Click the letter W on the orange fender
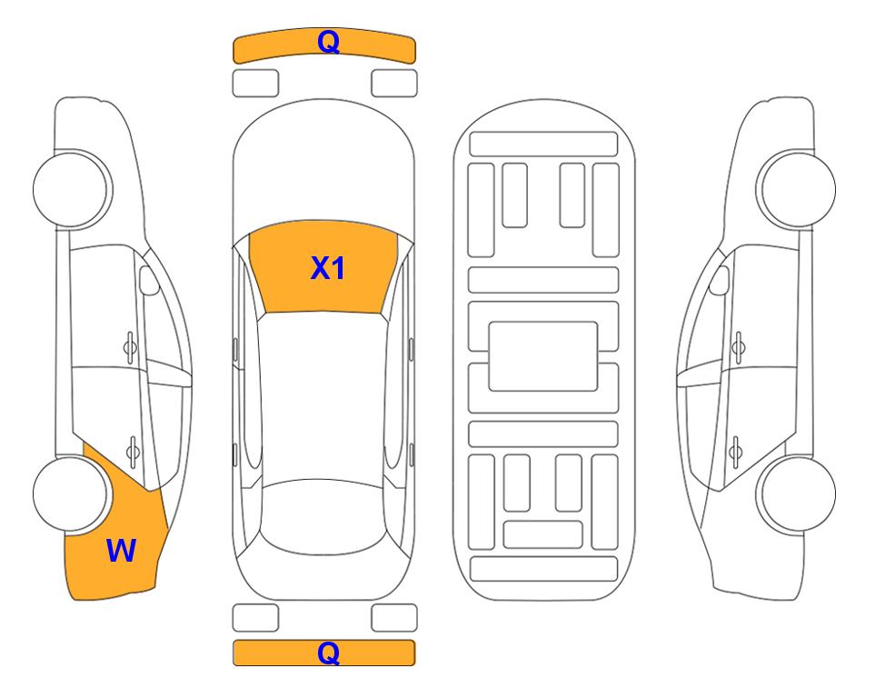tap(121, 551)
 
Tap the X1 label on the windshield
tap(328, 268)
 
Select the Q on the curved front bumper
tap(328, 42)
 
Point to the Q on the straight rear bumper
tap(328, 653)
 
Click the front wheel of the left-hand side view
tap(72, 189)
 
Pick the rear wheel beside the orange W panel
tap(71, 494)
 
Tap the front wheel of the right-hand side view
tap(796, 189)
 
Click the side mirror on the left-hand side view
tap(149, 280)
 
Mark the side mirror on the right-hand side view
tap(719, 280)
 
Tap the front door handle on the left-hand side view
tap(130, 348)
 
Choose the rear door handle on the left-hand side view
tap(133, 451)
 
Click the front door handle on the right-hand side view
tap(739, 348)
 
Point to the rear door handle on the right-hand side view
tap(735, 451)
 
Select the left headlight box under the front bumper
tap(255, 84)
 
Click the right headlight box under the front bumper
tap(394, 84)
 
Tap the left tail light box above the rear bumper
tap(255, 618)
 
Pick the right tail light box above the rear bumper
tap(394, 618)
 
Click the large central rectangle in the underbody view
tap(543, 356)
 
